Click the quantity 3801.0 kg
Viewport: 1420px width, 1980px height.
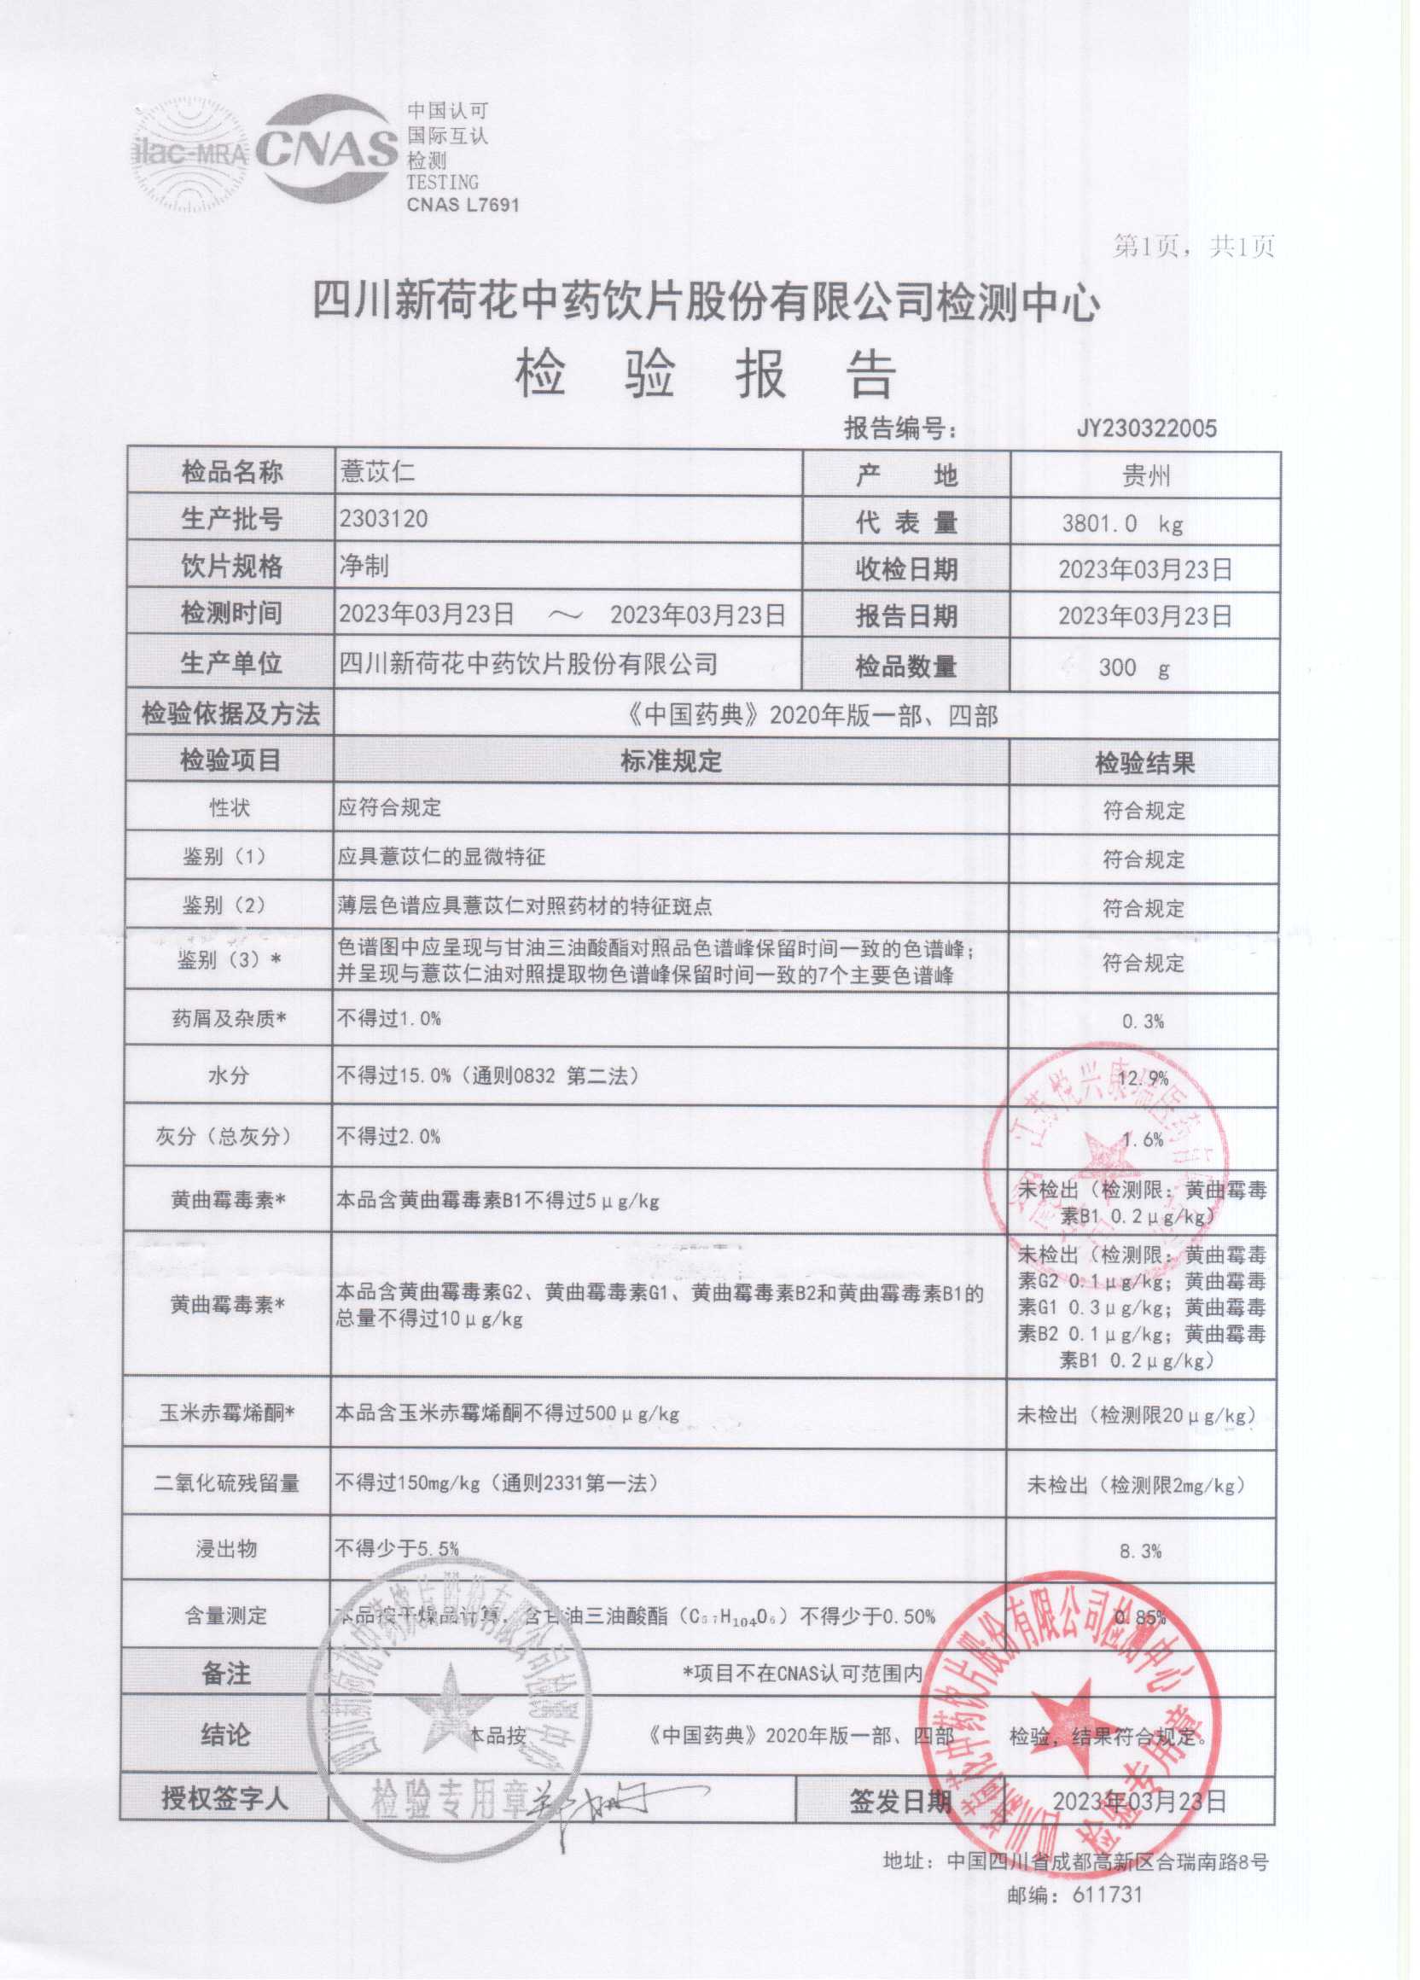tap(1122, 524)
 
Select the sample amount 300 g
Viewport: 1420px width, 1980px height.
tap(1134, 668)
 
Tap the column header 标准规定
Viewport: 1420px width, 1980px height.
tap(670, 761)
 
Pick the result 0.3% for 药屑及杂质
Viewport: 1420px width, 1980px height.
tap(1144, 1021)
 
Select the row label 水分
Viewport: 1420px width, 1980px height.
tap(228, 1075)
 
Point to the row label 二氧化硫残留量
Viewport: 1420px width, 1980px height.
tap(227, 1482)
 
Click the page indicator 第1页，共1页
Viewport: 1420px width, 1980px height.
tap(1193, 247)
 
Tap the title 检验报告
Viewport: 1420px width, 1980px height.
tap(706, 376)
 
